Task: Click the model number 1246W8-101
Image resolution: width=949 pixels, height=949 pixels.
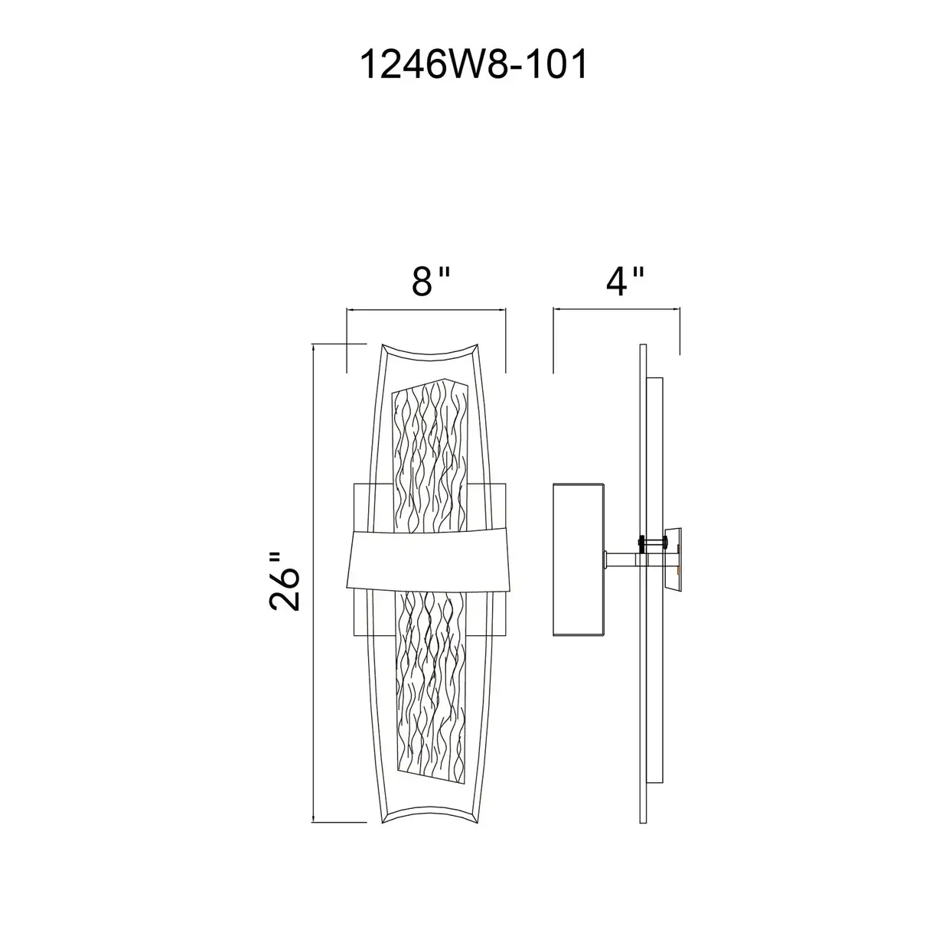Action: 474,65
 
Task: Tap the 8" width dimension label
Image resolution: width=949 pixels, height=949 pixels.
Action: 430,282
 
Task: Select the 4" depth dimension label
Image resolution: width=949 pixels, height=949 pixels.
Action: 625,282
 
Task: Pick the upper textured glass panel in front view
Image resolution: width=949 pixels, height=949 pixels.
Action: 429,455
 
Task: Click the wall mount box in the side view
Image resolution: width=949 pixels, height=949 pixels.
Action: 579,559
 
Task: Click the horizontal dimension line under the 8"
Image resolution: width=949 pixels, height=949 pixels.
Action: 426,309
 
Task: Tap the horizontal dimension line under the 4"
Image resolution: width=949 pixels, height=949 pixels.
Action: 617,308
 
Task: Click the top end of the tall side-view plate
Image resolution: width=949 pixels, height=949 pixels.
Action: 643,344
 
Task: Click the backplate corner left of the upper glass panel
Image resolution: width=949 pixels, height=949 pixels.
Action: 355,484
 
